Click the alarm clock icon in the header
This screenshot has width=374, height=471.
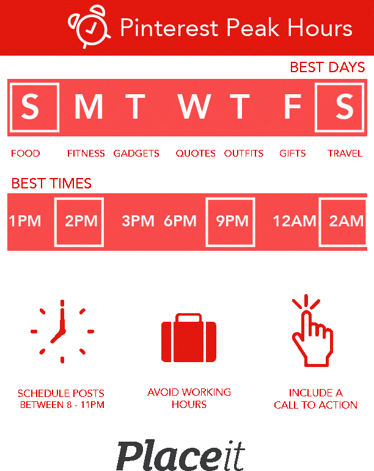click(89, 26)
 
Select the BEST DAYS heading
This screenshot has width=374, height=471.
click(328, 67)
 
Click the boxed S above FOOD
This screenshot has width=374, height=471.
click(34, 107)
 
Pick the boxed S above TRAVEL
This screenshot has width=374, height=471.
click(340, 107)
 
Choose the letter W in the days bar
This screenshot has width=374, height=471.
click(194, 106)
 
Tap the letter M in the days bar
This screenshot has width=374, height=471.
click(89, 106)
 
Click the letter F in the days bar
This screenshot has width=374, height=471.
click(292, 106)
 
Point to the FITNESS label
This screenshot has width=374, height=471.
click(86, 154)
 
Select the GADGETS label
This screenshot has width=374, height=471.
click(136, 154)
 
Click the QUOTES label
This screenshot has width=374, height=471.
click(196, 154)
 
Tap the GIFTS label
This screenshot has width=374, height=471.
click(292, 154)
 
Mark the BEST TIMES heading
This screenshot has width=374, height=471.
click(51, 184)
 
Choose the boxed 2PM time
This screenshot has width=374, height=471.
click(79, 222)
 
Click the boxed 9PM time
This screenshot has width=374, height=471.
click(230, 222)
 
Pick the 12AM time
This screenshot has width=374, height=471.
click(294, 221)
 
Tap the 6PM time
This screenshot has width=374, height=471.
click(180, 221)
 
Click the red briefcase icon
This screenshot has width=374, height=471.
click(189, 338)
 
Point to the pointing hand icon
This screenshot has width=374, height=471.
click(312, 330)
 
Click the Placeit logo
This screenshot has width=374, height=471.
click(181, 455)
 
